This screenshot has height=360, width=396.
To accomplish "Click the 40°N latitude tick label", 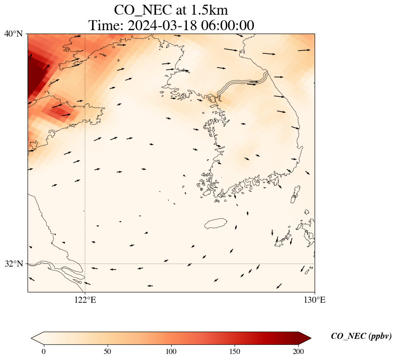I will tap(13, 34).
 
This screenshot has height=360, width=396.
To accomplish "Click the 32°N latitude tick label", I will tap(13, 264).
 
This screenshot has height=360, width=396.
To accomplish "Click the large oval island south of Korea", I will tap(216, 223).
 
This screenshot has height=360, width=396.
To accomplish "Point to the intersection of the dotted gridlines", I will tap(85, 264).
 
